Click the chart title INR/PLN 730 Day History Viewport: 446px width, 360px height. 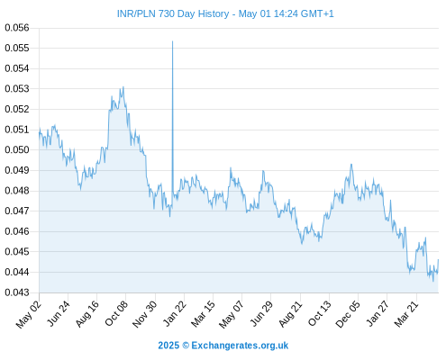coord(173,13)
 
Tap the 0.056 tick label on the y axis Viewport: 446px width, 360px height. coord(17,28)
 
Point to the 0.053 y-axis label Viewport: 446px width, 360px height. coord(17,89)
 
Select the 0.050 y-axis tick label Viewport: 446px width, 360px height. coord(17,149)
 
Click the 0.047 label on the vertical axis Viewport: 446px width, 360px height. coord(17,211)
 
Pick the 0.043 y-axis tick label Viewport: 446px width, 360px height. coord(17,292)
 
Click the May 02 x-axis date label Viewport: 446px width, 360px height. coord(29,314)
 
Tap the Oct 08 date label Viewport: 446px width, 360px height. coord(116,313)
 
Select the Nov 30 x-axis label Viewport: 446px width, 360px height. coord(144,314)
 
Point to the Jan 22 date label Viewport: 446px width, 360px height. coord(174,313)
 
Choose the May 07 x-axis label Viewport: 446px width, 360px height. coord(231,314)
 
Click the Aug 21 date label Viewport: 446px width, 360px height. coord(290,313)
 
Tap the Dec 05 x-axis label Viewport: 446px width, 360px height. coord(348,314)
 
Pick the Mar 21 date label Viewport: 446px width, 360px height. coord(406,313)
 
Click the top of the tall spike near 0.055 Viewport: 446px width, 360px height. coord(172,41)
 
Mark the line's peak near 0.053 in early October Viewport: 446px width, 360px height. coord(123,87)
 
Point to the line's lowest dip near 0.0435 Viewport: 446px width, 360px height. coord(433,281)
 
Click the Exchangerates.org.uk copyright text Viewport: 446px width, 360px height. coord(223,346)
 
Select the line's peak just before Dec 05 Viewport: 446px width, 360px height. coord(351,164)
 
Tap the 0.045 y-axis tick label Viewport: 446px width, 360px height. coord(17,251)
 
